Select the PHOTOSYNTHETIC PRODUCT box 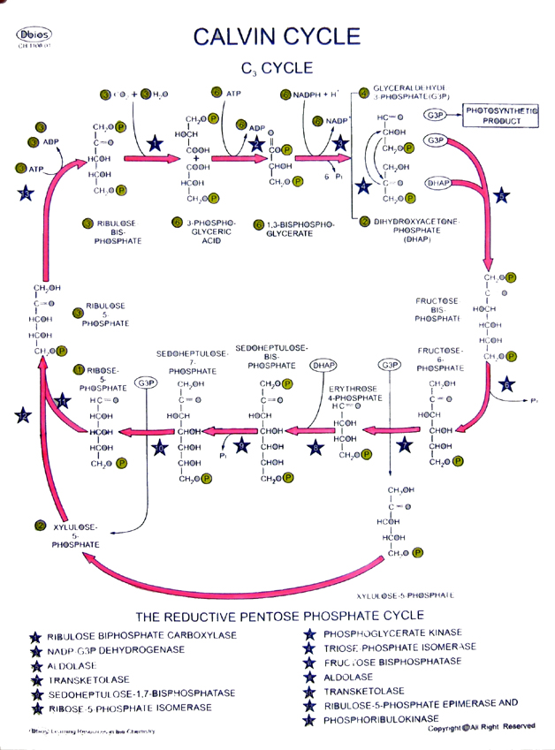[x=501, y=115]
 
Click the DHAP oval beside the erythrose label [x=324, y=364]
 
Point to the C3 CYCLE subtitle [x=277, y=67]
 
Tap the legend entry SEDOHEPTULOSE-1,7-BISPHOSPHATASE [x=141, y=693]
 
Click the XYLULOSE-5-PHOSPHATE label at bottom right [x=405, y=595]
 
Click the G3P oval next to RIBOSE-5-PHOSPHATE [x=145, y=383]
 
